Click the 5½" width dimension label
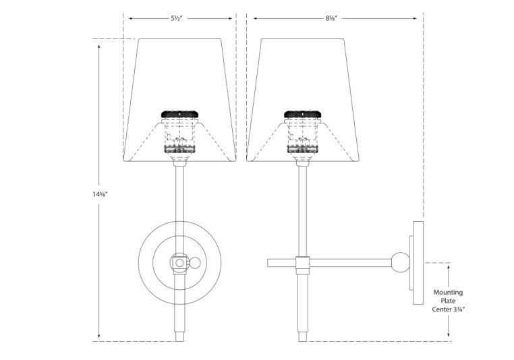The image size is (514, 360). (179, 19)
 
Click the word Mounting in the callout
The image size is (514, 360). (449, 292)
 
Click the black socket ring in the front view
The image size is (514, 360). (179, 115)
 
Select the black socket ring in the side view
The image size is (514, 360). (303, 115)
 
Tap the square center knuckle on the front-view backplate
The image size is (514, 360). (179, 262)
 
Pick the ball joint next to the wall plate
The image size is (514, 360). (401, 262)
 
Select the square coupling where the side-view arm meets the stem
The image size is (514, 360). (303, 262)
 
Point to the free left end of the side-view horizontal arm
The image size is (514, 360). (270, 262)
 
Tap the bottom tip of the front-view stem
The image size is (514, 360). (179, 338)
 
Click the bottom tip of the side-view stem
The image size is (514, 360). (303, 338)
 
